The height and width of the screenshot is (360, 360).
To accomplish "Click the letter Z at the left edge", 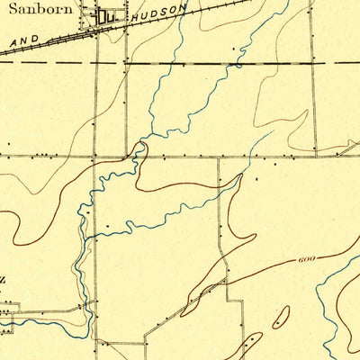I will click(3, 280).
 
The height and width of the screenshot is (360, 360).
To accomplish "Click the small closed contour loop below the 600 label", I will click(280, 317).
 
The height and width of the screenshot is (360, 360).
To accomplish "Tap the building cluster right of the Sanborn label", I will click(107, 16).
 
